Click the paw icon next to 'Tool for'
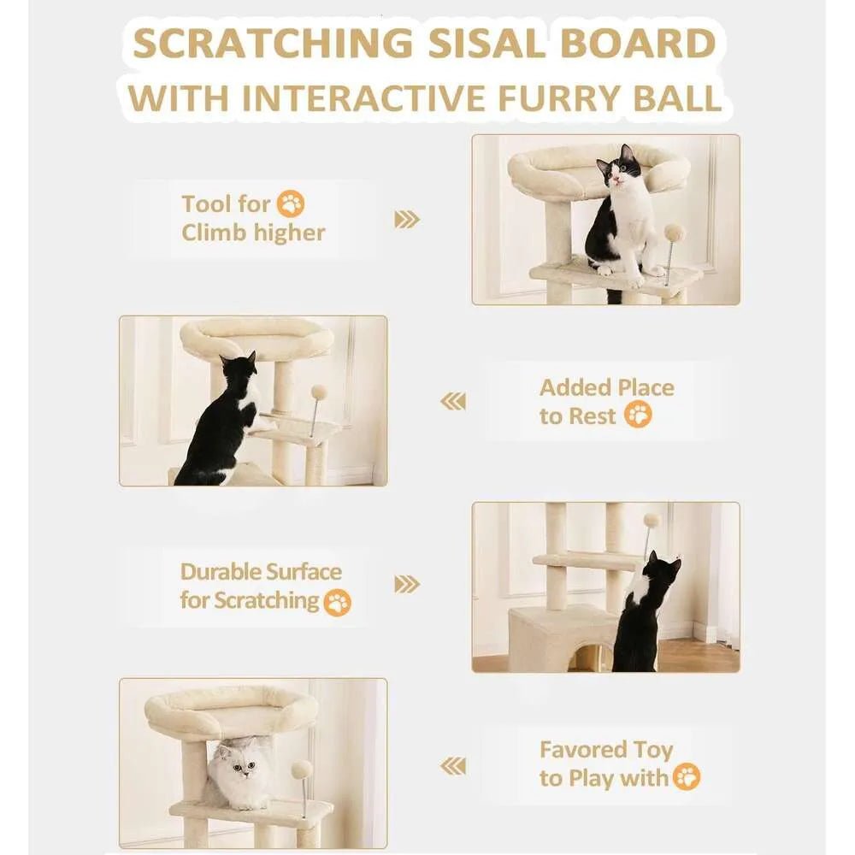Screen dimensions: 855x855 point(292,204)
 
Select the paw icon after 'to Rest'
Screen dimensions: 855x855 point(638,416)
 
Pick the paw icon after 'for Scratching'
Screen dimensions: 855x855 point(339,602)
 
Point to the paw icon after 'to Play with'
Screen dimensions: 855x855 point(687,777)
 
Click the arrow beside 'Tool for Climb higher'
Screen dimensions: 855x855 point(407,219)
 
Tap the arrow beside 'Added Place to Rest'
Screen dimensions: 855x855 point(453,401)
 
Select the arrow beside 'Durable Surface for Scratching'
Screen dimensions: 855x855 point(407,585)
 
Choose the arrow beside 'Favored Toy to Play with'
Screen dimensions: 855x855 point(453,765)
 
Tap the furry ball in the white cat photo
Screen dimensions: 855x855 point(301,769)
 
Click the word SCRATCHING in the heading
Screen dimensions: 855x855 point(266,42)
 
